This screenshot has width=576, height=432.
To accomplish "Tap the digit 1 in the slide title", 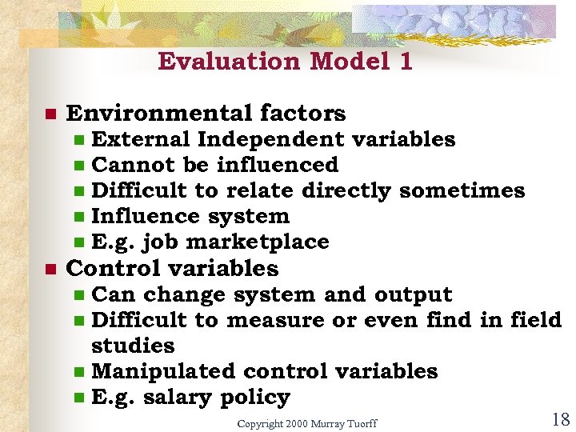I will pos(405,62).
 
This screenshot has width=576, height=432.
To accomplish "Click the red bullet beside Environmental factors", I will pos(50,114).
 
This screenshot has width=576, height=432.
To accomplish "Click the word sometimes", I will pos(462,190).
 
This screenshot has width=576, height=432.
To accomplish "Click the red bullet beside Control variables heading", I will pos(50,270).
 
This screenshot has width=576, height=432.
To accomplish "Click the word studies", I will pos(133,346).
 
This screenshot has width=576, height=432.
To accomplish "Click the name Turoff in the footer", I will pos(361,422).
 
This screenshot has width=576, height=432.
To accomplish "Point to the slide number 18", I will pos(560,419).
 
